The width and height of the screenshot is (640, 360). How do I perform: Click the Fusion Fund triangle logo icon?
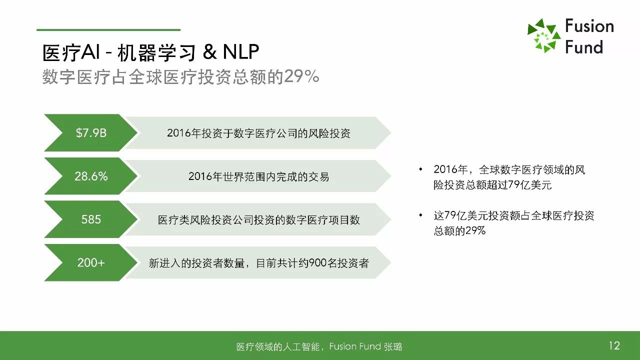[x=543, y=35]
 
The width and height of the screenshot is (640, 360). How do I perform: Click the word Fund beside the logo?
[x=584, y=47]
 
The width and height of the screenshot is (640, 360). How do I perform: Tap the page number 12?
[x=614, y=345]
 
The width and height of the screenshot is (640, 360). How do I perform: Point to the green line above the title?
[x=108, y=29]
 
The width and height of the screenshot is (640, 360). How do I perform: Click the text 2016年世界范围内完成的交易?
[x=258, y=176]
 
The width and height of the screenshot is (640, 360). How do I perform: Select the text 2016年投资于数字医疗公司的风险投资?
[x=258, y=133]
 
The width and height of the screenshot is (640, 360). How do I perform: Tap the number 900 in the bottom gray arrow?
[x=317, y=263]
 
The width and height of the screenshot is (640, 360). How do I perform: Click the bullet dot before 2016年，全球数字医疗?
[x=420, y=169]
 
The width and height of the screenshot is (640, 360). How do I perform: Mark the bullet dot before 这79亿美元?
[x=420, y=215]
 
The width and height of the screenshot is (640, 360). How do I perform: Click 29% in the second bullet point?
[x=475, y=230]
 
